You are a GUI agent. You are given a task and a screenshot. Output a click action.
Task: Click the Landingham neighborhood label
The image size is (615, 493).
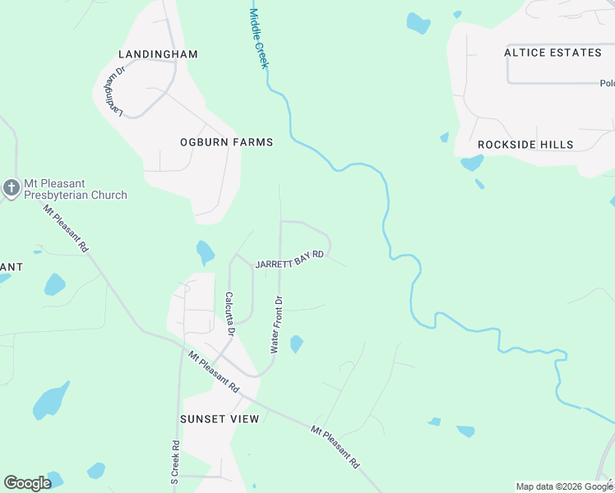pos(158,54)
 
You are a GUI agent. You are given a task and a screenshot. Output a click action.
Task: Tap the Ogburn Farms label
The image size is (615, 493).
pos(226,142)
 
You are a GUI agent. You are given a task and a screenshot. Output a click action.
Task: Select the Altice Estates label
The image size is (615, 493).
pos(553,53)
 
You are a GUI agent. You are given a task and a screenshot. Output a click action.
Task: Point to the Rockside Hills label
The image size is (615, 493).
pos(525,145)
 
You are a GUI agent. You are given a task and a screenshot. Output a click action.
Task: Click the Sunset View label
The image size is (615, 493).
pos(220,419)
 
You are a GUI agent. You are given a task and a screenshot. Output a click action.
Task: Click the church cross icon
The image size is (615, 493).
pos(12,188)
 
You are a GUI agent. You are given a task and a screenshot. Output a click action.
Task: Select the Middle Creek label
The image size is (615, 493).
pos(259,38)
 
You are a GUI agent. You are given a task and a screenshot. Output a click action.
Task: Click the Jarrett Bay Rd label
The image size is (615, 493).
pos(289,260)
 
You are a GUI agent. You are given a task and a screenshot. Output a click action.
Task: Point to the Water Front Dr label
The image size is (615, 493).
pos(278,325)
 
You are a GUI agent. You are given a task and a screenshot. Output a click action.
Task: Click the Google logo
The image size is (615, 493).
pos(27,483)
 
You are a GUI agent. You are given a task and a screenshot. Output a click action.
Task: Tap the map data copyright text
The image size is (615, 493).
pos(563,486)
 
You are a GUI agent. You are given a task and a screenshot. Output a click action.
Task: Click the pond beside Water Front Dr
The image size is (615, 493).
pos(296,344)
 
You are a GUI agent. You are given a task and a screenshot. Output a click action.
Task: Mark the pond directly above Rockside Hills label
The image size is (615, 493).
pos(472,163)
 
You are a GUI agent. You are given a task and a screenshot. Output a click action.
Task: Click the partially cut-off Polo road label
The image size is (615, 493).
pos(607,83)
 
